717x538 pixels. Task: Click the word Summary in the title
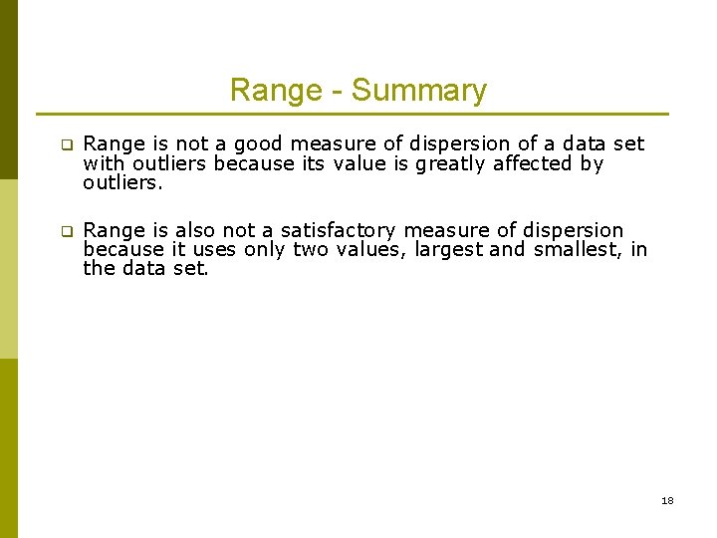(x=418, y=91)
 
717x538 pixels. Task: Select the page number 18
(x=667, y=500)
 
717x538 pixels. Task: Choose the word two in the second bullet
(x=310, y=249)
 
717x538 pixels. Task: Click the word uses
(x=212, y=249)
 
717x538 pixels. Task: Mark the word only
(x=264, y=249)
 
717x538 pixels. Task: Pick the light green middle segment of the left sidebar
(x=9, y=269)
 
